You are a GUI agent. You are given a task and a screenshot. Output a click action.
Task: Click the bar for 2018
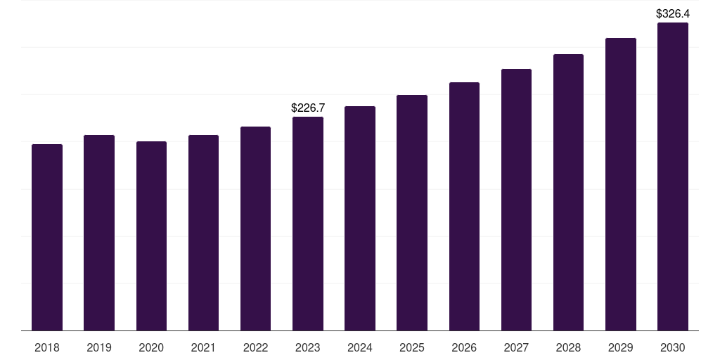pos(47,238)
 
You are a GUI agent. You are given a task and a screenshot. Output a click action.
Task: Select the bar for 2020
pos(151,236)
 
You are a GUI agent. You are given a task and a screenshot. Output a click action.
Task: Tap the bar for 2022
pos(255,229)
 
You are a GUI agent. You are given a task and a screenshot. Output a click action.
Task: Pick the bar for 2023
pos(308,224)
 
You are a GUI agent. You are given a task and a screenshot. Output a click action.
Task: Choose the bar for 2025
pos(412,212)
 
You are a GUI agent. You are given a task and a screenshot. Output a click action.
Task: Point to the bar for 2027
pos(516,200)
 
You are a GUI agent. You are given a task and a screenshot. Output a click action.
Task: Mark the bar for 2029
pos(621,184)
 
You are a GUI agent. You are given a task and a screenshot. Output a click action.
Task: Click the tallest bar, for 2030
pos(673,176)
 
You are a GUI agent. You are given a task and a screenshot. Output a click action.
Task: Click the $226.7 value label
pos(308,108)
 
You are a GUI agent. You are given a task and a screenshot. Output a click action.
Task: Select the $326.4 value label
pos(673,14)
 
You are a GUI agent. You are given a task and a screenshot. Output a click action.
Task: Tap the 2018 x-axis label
pos(47,347)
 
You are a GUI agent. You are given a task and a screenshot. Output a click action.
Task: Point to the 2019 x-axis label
pos(99,347)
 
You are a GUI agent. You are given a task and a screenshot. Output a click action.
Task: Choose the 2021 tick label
pos(203,347)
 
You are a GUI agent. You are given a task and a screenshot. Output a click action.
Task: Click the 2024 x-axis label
pos(360,347)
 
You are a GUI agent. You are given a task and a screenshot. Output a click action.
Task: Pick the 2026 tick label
pos(464,347)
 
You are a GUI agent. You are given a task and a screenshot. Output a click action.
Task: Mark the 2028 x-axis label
pos(568,347)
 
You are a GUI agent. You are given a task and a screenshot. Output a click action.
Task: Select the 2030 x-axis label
pos(673,347)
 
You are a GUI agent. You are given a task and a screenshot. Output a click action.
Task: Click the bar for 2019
pos(99,233)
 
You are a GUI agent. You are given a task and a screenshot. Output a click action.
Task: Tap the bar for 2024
pos(360,219)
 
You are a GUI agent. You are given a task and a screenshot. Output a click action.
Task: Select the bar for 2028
pos(568,193)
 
